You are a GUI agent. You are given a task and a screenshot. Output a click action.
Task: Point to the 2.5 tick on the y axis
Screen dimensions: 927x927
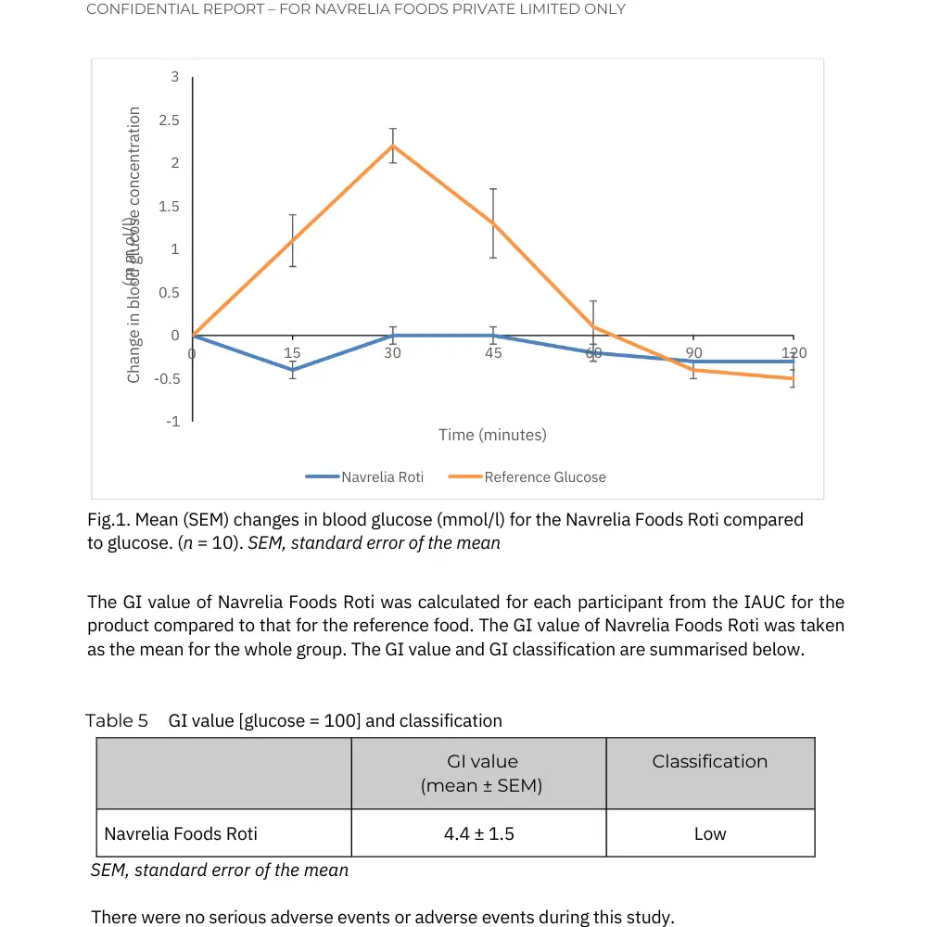pos(169,121)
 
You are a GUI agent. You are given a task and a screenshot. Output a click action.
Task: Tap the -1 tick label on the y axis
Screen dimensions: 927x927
pos(172,422)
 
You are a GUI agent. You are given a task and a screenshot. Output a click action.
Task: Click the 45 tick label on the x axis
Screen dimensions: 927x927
pos(493,353)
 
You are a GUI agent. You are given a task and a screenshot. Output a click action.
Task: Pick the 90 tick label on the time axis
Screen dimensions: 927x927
pos(694,353)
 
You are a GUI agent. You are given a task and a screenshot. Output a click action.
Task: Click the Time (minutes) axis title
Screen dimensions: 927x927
pos(492,435)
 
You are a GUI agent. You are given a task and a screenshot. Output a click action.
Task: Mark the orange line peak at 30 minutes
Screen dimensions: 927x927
pos(393,146)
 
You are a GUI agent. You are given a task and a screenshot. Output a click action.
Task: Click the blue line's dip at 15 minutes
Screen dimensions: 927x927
pos(293,370)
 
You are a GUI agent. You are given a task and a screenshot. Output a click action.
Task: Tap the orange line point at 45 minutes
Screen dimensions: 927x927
pos(493,222)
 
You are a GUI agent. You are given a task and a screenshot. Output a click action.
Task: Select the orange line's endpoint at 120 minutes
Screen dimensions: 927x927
pos(793,378)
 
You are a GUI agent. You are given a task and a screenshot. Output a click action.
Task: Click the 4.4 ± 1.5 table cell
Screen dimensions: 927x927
pos(478,833)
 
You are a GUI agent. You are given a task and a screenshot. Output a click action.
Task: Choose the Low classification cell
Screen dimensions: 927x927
pos(710,833)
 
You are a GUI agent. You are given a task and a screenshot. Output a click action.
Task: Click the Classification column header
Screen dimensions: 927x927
pos(710,762)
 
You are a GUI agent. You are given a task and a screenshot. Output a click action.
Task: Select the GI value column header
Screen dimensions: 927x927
pos(482,773)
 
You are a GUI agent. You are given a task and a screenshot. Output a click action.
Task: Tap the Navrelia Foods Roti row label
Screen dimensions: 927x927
pos(181,833)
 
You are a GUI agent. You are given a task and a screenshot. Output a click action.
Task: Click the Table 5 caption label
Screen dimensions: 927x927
pos(117,720)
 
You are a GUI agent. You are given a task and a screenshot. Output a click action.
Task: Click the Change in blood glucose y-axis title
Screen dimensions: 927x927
pos(134,245)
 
